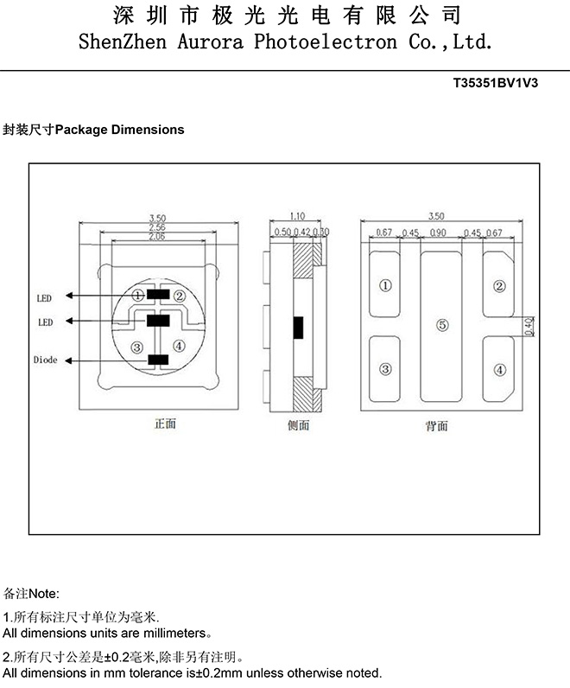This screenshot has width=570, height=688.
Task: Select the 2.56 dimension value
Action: click(x=156, y=227)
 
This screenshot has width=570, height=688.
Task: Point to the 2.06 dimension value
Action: click(x=156, y=236)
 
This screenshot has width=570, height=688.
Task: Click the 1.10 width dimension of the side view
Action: click(x=297, y=216)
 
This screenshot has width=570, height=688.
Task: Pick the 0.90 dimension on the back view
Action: click(x=438, y=233)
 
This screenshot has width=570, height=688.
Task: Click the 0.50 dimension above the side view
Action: click(x=282, y=233)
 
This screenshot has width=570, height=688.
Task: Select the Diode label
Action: click(x=46, y=360)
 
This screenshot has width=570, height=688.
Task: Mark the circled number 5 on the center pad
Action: click(x=441, y=326)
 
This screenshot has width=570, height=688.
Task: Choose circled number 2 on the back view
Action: click(x=498, y=286)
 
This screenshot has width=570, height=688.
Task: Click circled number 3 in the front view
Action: click(x=136, y=347)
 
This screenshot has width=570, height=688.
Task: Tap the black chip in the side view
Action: click(x=299, y=328)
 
